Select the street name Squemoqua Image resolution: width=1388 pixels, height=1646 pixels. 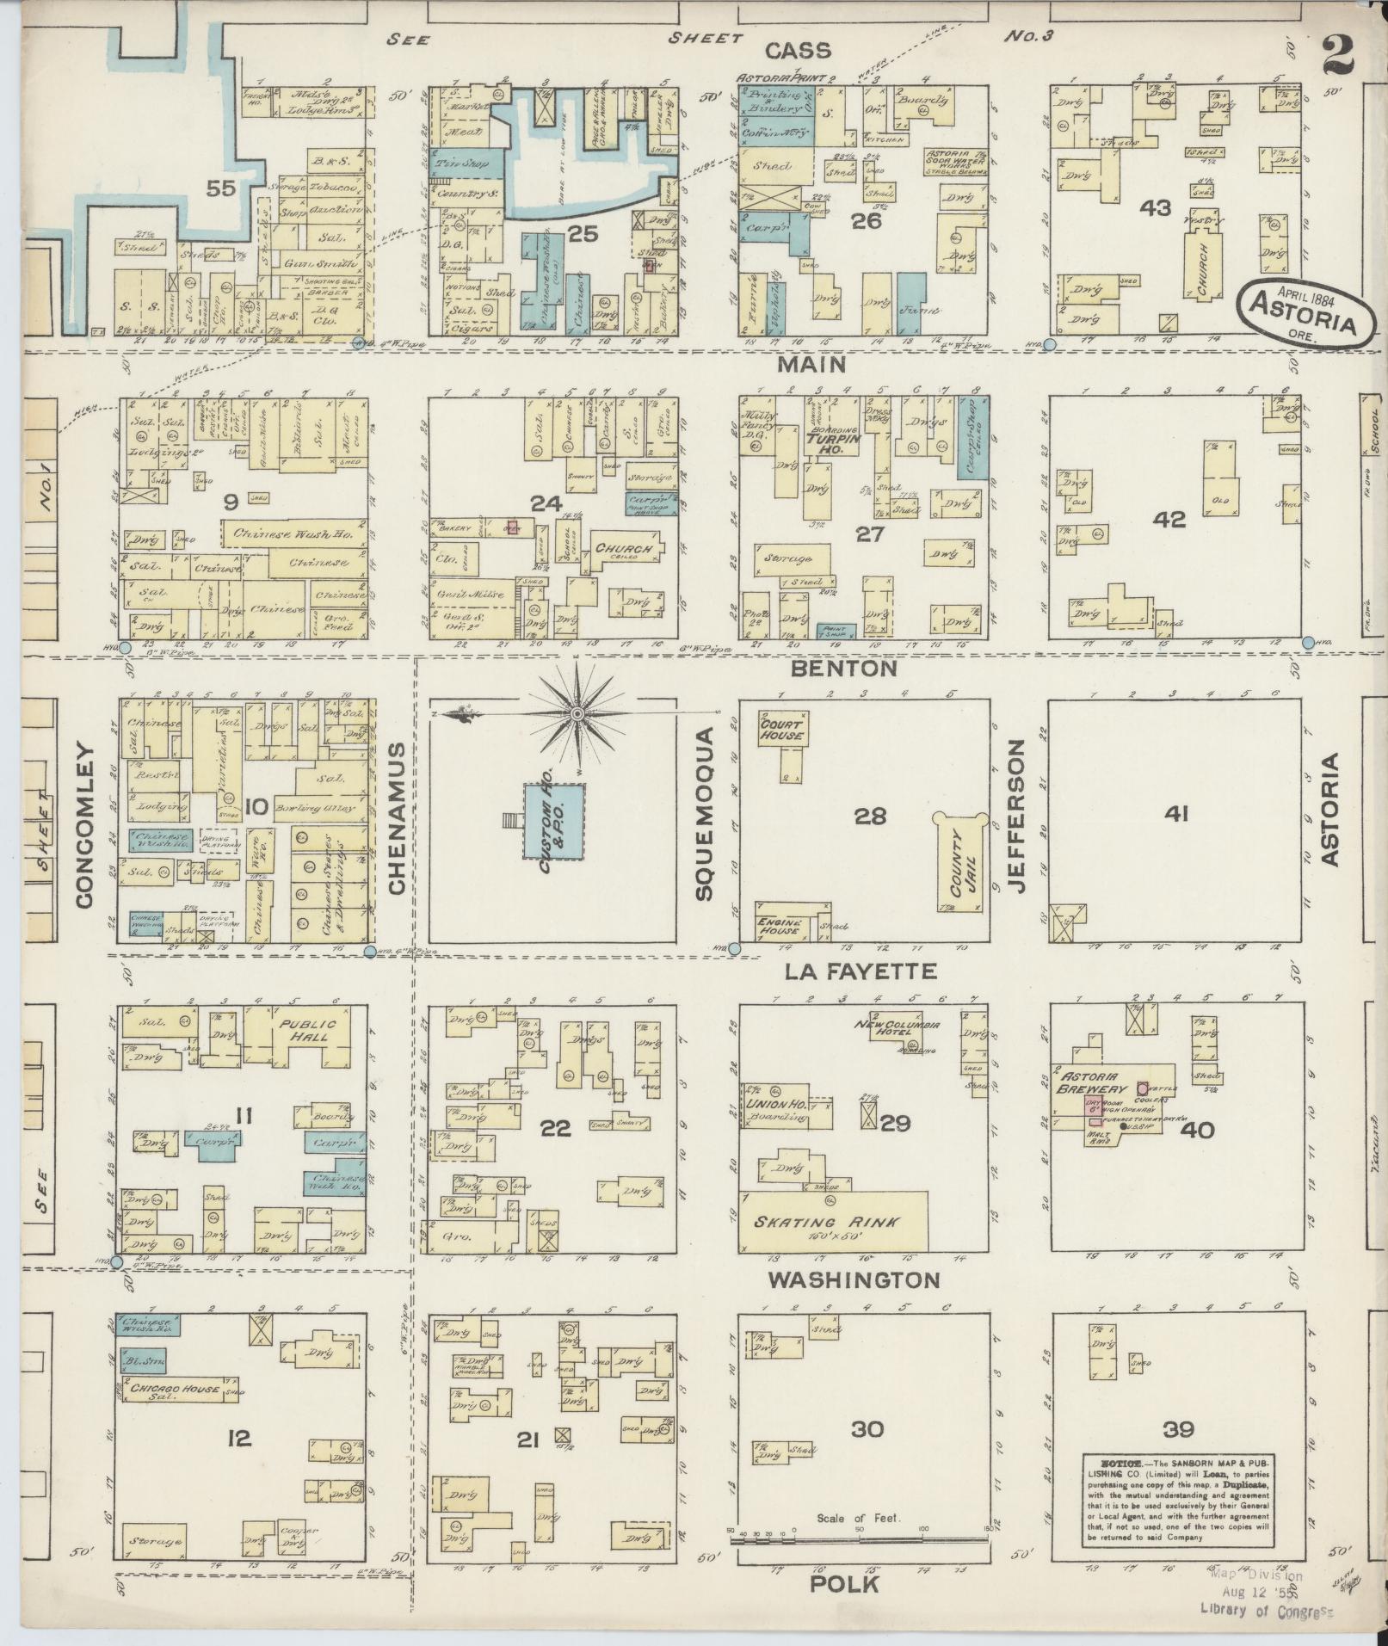706,814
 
